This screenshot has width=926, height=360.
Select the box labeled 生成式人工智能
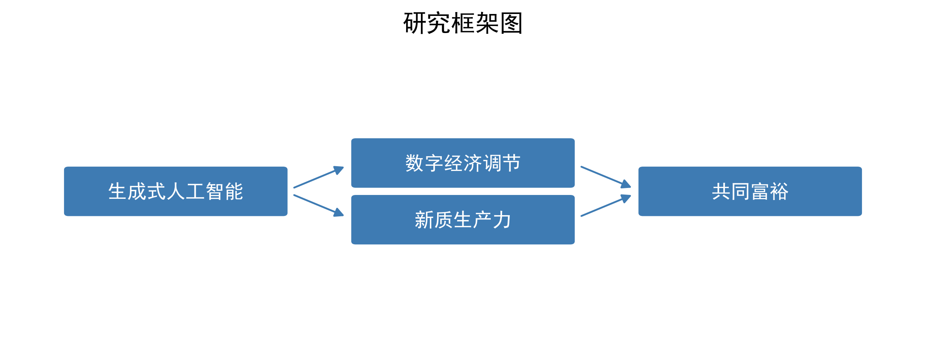[x=175, y=191]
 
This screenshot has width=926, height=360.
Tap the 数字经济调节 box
[x=463, y=163]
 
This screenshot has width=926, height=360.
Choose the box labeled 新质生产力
[x=463, y=219]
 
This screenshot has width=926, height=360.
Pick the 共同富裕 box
[x=750, y=191]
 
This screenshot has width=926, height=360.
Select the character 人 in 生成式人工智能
[x=176, y=191]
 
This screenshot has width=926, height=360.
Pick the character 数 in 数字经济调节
[x=414, y=163]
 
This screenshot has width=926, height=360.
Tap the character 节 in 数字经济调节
[x=511, y=163]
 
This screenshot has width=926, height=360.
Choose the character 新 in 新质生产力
[x=424, y=220]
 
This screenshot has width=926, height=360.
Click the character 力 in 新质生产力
[x=502, y=220]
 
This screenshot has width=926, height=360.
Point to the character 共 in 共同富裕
[x=721, y=191]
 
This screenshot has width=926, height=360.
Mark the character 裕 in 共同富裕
[x=779, y=191]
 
